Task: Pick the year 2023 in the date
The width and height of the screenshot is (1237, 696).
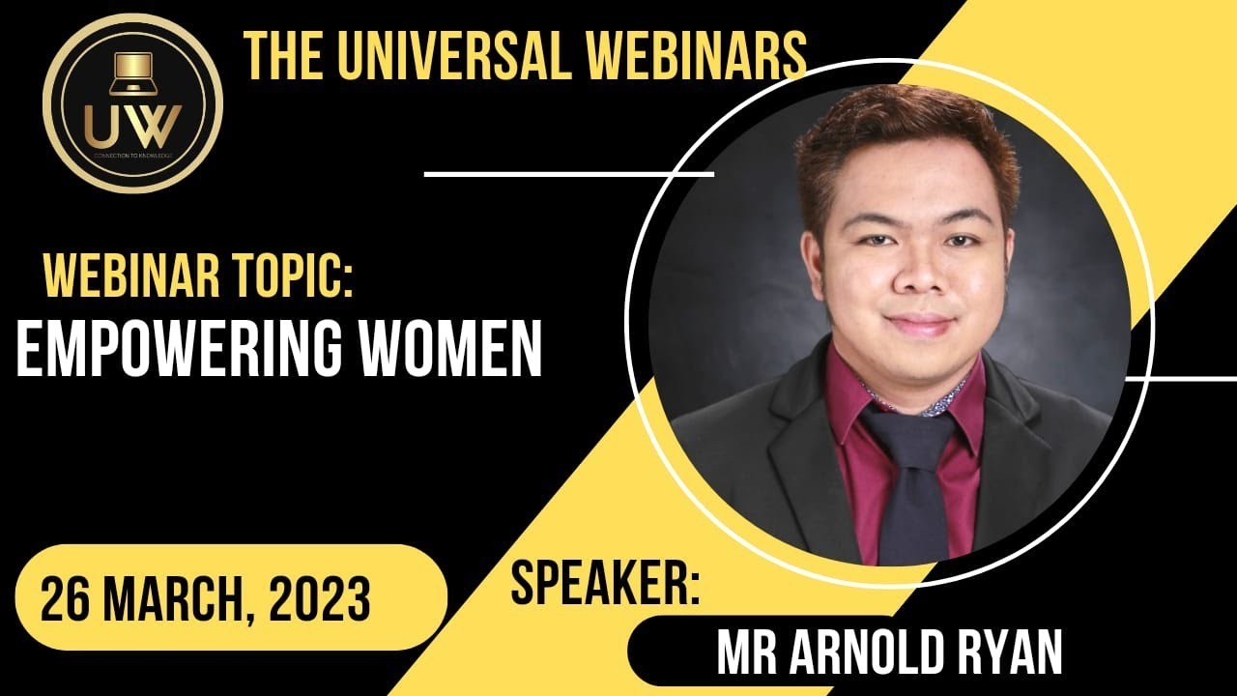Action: [320, 601]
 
